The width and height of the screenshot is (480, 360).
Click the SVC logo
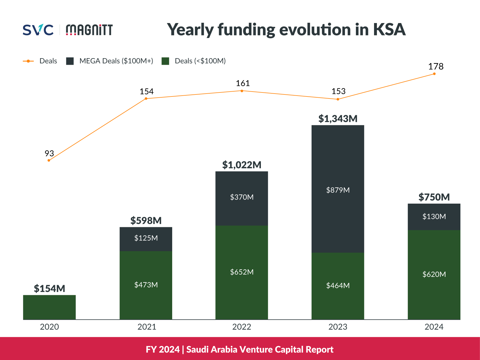click(x=38, y=30)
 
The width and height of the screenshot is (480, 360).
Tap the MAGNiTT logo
click(x=89, y=30)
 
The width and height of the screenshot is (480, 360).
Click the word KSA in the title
click(x=389, y=30)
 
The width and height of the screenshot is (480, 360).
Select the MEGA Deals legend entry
click(x=110, y=61)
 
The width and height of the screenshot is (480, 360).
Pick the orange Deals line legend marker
click(x=28, y=61)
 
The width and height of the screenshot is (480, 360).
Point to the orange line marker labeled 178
click(x=434, y=74)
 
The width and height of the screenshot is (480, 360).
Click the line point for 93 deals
click(x=49, y=160)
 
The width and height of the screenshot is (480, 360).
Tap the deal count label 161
click(x=242, y=84)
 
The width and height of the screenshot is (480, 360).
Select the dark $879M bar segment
click(x=338, y=189)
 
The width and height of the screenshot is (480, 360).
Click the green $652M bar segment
click(x=242, y=272)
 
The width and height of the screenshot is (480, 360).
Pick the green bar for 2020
click(x=49, y=307)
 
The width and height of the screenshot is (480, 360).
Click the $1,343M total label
click(x=338, y=119)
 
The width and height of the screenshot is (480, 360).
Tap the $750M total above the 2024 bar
click(x=434, y=197)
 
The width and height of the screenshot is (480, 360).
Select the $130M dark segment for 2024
click(x=434, y=217)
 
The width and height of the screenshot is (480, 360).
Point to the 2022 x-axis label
click(x=242, y=327)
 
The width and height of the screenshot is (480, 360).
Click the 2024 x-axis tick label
click(x=434, y=327)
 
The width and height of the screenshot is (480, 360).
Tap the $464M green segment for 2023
click(x=338, y=286)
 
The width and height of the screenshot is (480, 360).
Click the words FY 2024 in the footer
click(x=162, y=349)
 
